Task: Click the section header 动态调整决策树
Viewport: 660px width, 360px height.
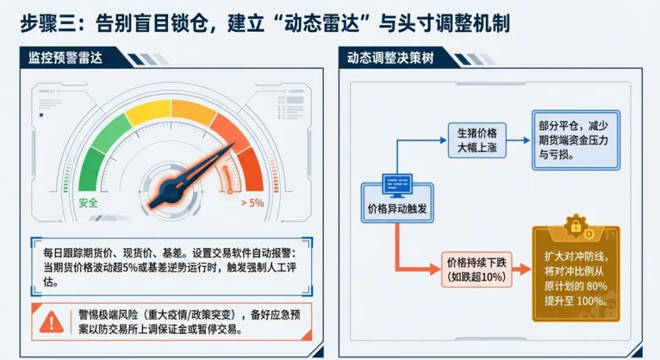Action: pyautogui.click(x=391, y=59)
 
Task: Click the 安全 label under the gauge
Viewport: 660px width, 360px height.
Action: pyautogui.click(x=89, y=203)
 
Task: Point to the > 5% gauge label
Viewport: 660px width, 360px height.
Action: pyautogui.click(x=252, y=203)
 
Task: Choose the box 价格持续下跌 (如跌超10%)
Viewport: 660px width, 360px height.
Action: pyautogui.click(x=477, y=270)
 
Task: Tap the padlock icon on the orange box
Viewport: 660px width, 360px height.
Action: pyautogui.click(x=575, y=226)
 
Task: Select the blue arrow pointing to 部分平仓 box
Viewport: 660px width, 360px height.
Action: pyautogui.click(x=518, y=140)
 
